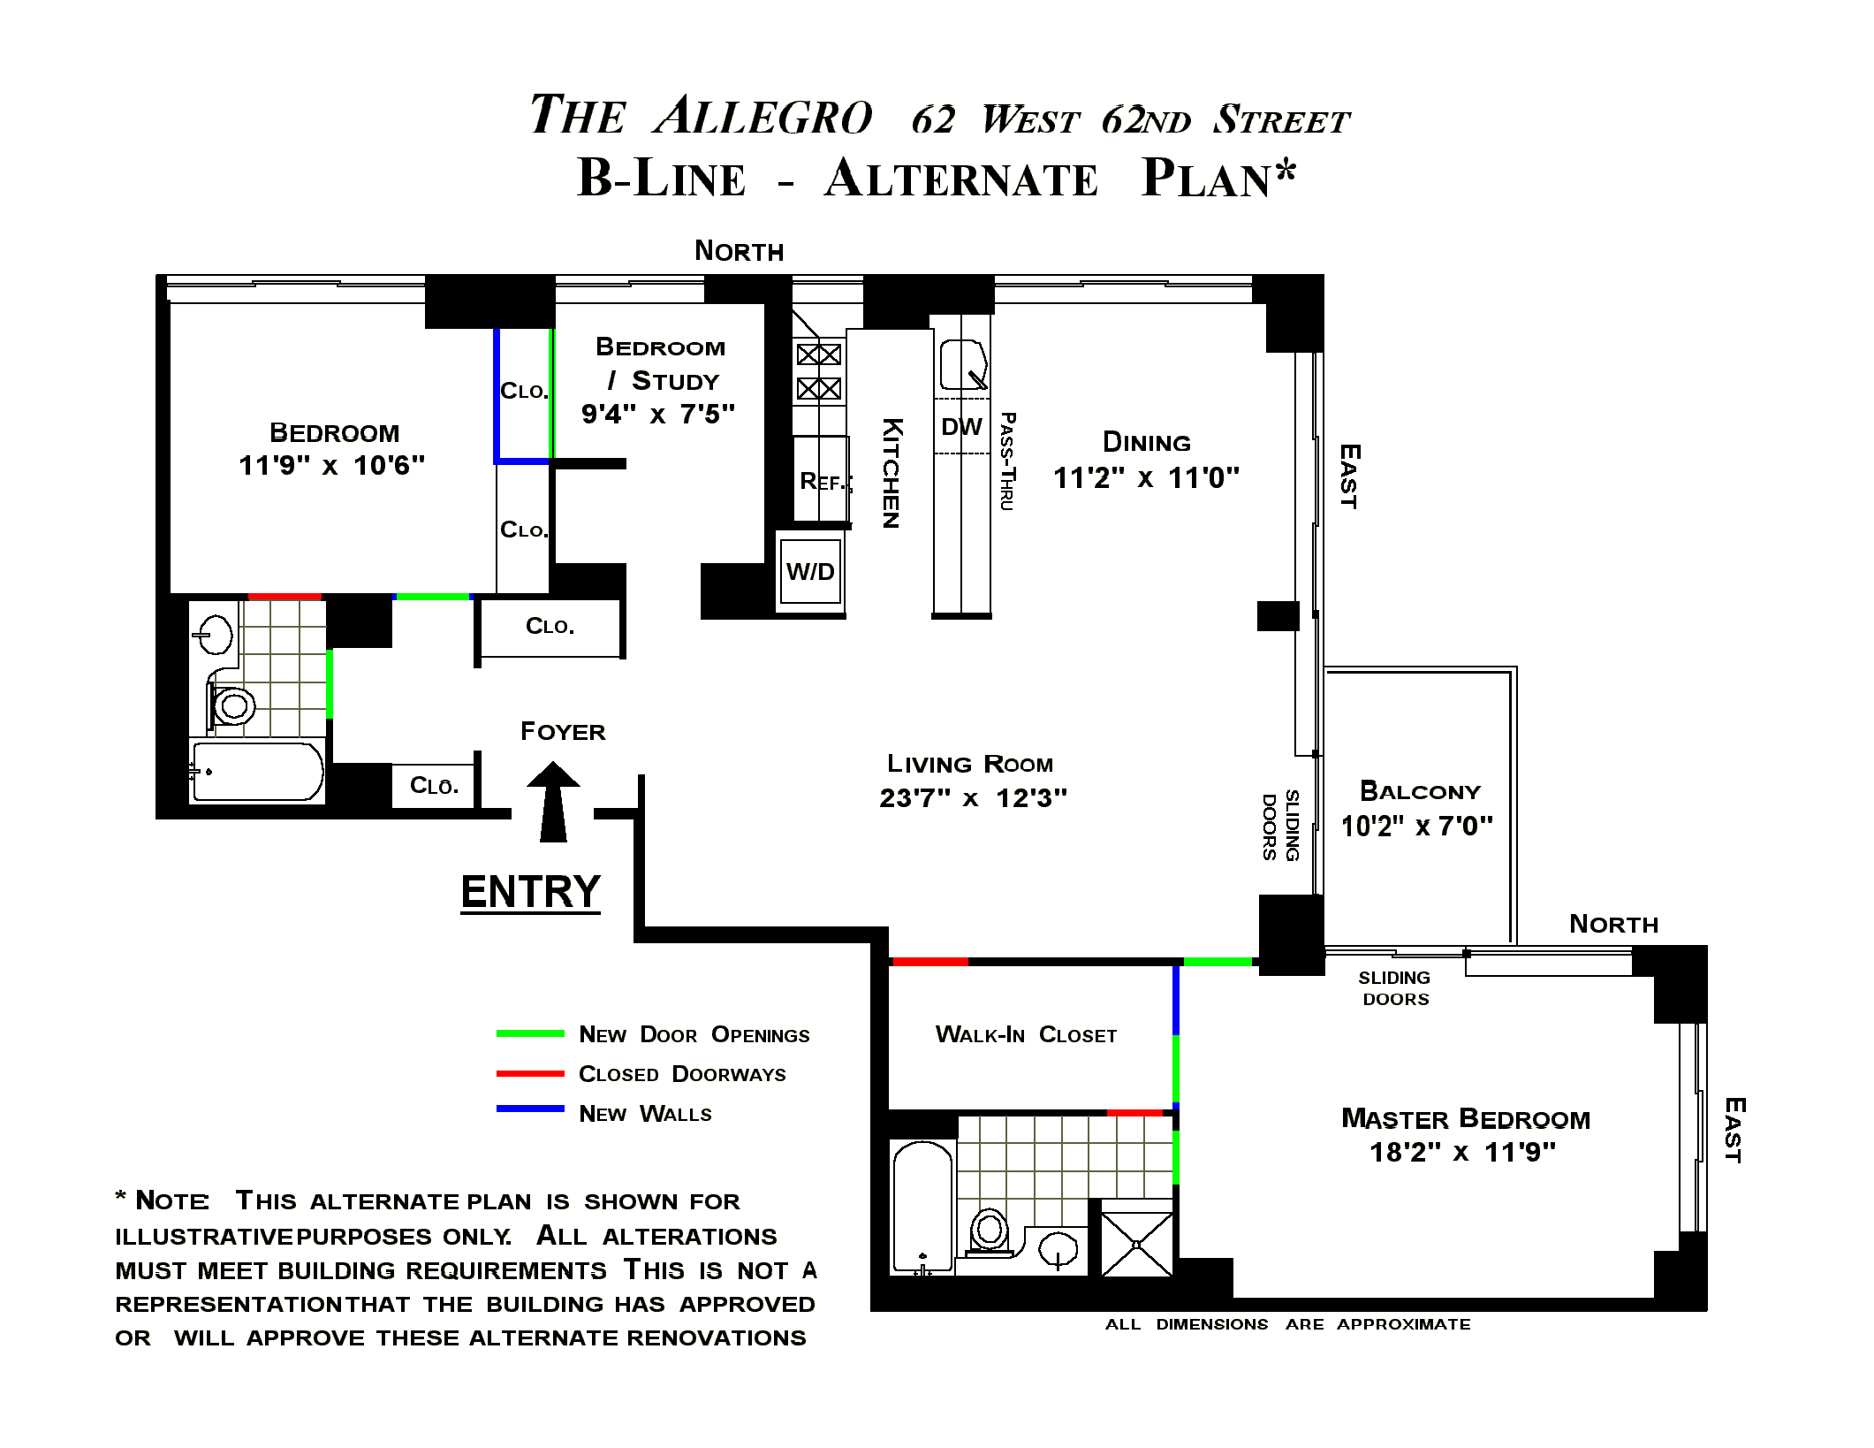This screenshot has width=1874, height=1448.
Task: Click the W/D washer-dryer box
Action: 810,572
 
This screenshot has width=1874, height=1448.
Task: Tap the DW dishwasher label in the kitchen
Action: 961,427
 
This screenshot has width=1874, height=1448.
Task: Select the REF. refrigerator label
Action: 822,481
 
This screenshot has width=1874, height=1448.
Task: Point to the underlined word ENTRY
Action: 531,891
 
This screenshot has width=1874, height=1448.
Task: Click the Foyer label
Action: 563,732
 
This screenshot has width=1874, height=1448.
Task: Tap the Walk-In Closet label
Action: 1026,1034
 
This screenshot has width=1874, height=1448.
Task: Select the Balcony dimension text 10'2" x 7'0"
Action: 1417,826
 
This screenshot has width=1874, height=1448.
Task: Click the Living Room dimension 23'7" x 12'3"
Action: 973,798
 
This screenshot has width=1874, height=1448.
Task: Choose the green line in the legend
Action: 530,1033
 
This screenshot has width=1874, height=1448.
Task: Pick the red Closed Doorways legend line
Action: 530,1073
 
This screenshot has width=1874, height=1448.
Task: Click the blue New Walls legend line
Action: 530,1109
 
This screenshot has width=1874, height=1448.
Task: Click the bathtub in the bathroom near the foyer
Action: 257,772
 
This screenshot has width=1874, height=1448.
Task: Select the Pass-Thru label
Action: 1007,461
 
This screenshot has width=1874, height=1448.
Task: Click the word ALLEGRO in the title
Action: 763,116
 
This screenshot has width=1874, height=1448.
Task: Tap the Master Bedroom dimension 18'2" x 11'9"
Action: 1462,1152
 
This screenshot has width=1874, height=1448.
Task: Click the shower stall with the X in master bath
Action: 1137,1244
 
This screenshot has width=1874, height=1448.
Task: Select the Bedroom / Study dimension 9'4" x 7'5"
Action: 657,414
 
